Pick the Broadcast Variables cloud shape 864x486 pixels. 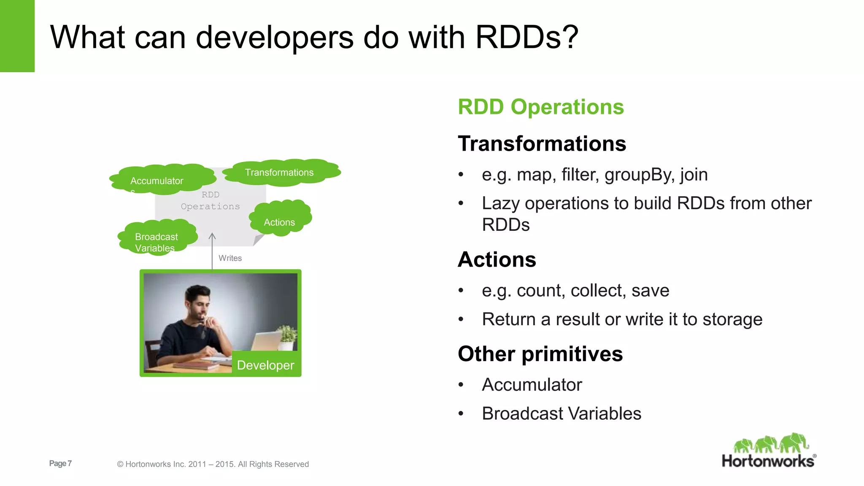157,238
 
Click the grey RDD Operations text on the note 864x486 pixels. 210,200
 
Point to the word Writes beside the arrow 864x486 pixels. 230,258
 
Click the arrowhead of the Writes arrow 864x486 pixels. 212,235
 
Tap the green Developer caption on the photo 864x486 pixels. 265,365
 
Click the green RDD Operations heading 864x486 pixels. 540,107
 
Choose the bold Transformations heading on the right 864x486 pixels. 542,143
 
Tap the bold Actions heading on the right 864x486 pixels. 497,259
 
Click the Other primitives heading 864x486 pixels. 540,354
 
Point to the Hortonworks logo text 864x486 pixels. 768,461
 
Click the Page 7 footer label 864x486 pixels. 60,463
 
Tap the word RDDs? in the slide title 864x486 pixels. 526,37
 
